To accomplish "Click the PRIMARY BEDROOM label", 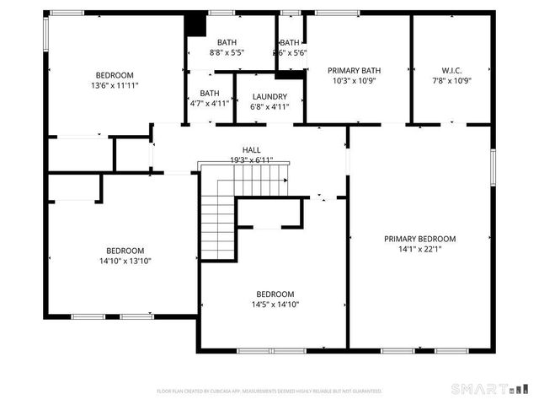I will (x=419, y=239).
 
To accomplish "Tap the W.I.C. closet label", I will (x=451, y=71).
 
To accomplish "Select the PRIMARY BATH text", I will (x=355, y=71).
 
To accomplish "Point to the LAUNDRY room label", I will (x=269, y=96).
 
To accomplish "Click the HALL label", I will (x=251, y=149).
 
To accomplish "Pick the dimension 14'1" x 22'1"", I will (x=419, y=249).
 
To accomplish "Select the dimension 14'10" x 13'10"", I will (x=125, y=261).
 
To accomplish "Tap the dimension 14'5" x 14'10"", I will (x=275, y=305).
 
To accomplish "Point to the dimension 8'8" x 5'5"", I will (x=227, y=52).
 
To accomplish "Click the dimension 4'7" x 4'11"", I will (x=210, y=104).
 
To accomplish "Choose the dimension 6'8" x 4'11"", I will (x=269, y=106).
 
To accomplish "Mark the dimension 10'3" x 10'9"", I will (x=355, y=81).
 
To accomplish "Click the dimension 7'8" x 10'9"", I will (x=451, y=81).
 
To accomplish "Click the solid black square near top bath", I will (x=195, y=24).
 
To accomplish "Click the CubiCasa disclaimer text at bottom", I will (x=269, y=391).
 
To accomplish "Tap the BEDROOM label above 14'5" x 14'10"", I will (x=275, y=294).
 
